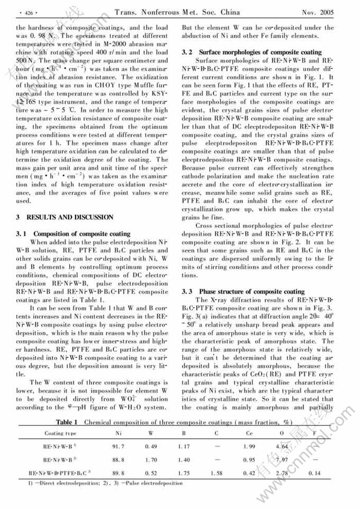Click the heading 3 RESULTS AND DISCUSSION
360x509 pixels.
coord(65,217)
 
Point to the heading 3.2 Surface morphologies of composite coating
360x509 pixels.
coord(251,52)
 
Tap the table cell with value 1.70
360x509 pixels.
coord(151,460)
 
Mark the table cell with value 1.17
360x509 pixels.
coord(184,447)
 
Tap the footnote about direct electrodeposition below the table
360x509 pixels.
coord(95,483)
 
